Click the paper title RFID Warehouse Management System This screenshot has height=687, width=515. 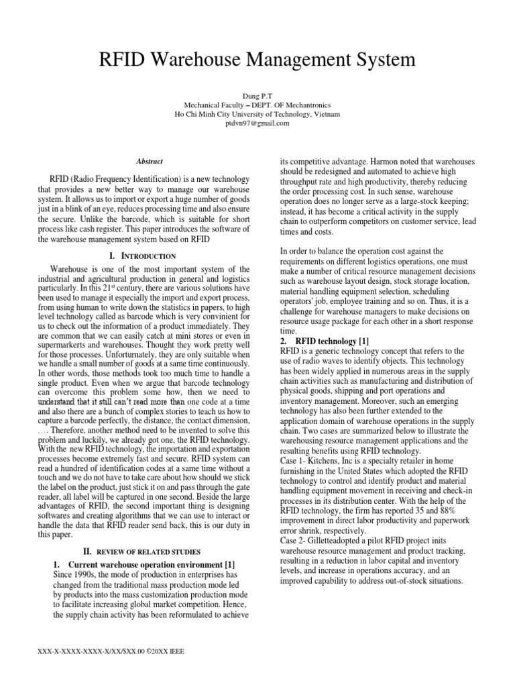coord(257,61)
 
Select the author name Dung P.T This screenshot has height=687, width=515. coord(257,96)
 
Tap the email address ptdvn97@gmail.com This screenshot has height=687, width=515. coord(257,123)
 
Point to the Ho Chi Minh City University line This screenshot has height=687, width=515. coord(257,114)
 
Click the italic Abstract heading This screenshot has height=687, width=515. coord(150,161)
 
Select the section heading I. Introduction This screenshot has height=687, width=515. coord(142,256)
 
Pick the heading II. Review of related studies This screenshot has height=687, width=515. coord(144,550)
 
